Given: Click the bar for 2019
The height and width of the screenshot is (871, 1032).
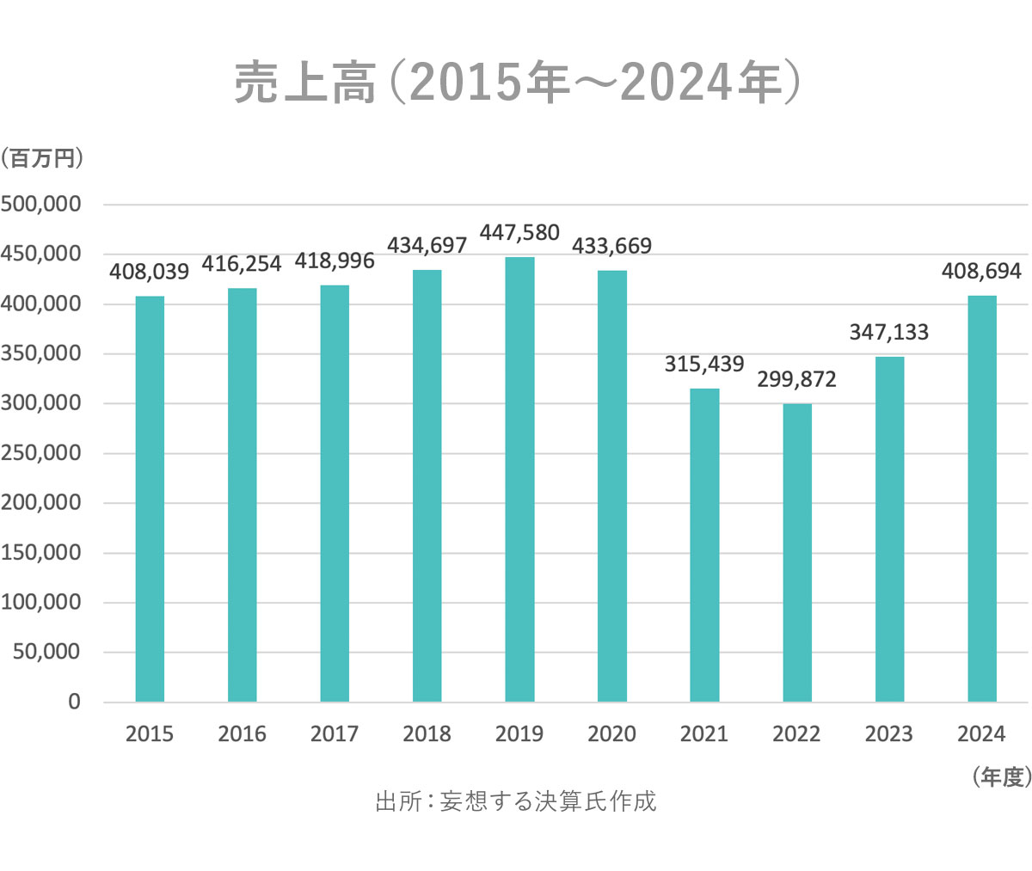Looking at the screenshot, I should click(x=519, y=479).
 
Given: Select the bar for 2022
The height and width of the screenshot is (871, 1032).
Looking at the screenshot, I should click(x=797, y=552).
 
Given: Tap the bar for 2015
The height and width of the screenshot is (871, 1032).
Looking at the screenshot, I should click(x=150, y=499).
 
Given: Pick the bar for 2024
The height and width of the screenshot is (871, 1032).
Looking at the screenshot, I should click(x=982, y=499).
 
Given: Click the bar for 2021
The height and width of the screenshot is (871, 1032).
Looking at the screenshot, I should click(x=704, y=545).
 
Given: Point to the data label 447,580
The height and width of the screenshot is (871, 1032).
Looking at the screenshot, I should click(x=519, y=233).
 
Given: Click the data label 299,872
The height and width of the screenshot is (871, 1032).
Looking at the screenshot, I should click(x=796, y=379).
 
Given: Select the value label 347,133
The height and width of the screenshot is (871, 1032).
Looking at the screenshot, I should click(x=889, y=332).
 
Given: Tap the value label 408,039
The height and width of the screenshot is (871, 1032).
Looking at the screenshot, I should click(x=150, y=272).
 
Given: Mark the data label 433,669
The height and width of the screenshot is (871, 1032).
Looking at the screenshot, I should click(x=612, y=246).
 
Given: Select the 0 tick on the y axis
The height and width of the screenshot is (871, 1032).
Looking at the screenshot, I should click(x=74, y=702).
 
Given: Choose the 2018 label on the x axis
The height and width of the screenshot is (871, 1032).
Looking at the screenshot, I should click(x=427, y=734).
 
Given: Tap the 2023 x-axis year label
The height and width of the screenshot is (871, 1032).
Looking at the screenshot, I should click(x=889, y=734).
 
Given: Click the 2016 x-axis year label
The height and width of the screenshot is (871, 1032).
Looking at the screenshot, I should click(x=242, y=734).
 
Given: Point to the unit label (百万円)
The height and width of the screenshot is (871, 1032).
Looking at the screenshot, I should click(x=42, y=159).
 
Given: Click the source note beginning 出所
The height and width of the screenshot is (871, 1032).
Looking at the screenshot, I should click(x=516, y=801).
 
